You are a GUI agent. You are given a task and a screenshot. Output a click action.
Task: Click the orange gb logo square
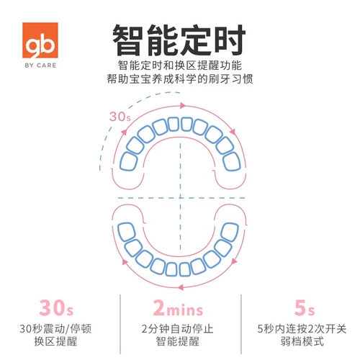[x=40, y=40]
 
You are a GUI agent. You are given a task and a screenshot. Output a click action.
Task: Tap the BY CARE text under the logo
[x=40, y=66]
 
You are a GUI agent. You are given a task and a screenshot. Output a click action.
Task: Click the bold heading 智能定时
[x=179, y=40]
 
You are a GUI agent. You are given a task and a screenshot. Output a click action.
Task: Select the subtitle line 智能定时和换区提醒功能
[x=180, y=66]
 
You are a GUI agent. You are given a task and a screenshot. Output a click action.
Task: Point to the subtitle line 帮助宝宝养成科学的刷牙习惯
[x=180, y=79]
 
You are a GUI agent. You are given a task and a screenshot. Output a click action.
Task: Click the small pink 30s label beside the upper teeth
[x=120, y=117]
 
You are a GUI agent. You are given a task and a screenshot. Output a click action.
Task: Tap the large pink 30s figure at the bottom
[x=56, y=307]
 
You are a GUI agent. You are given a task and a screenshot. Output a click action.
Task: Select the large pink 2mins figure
[x=178, y=307]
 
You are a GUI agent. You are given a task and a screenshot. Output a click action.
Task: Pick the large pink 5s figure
[x=305, y=307]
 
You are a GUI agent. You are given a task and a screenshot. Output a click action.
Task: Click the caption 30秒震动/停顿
[x=55, y=328]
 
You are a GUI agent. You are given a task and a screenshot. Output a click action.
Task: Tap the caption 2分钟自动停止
[x=177, y=328]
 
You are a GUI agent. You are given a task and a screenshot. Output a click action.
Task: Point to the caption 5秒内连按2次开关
[x=302, y=328]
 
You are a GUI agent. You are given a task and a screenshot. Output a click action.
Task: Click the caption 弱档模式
[x=302, y=341]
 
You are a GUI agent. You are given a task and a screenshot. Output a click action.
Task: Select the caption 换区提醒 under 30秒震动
[x=55, y=341]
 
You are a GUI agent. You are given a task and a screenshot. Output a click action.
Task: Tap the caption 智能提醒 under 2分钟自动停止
[x=178, y=341]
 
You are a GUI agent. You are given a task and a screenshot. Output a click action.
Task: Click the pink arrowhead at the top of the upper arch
[x=183, y=105]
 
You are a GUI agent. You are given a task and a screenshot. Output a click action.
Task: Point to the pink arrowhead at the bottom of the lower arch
[x=181, y=287]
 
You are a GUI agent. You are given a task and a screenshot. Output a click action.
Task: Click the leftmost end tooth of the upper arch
[x=129, y=161]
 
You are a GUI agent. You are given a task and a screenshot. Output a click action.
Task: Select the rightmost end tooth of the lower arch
[x=230, y=232]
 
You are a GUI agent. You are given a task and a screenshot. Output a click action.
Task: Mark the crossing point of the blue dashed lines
[x=181, y=198]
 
